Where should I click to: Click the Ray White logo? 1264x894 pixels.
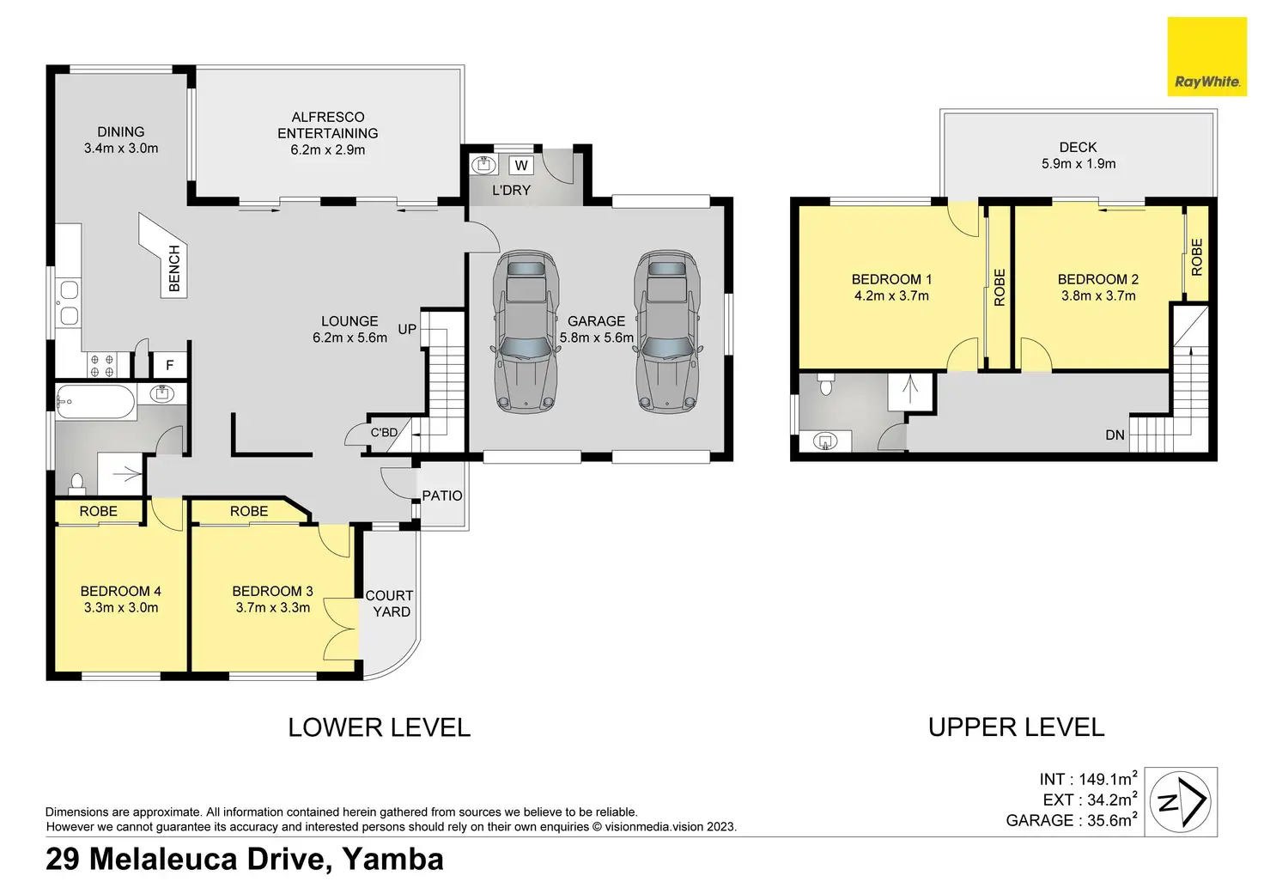tap(1206, 57)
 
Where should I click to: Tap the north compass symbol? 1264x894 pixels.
tap(1181, 801)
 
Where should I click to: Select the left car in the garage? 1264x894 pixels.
tap(526, 331)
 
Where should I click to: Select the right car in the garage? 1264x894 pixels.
tap(667, 331)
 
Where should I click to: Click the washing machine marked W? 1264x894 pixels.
tap(521, 166)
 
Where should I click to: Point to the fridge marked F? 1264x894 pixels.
tap(170, 365)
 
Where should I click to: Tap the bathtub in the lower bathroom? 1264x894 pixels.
tap(96, 402)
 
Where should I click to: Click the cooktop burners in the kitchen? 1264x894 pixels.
tap(101, 365)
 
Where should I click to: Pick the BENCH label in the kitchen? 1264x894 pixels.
tap(174, 269)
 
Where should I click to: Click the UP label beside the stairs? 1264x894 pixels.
tap(407, 329)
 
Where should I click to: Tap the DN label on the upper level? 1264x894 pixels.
tap(1115, 435)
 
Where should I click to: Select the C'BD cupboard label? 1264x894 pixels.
tap(385, 432)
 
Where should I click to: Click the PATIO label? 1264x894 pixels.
tap(442, 496)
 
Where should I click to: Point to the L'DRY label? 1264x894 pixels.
tap(511, 190)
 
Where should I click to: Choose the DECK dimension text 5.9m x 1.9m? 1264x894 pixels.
tap(1079, 164)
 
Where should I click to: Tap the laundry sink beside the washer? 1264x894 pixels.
tap(483, 165)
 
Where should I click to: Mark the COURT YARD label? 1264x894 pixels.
tap(389, 604)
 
